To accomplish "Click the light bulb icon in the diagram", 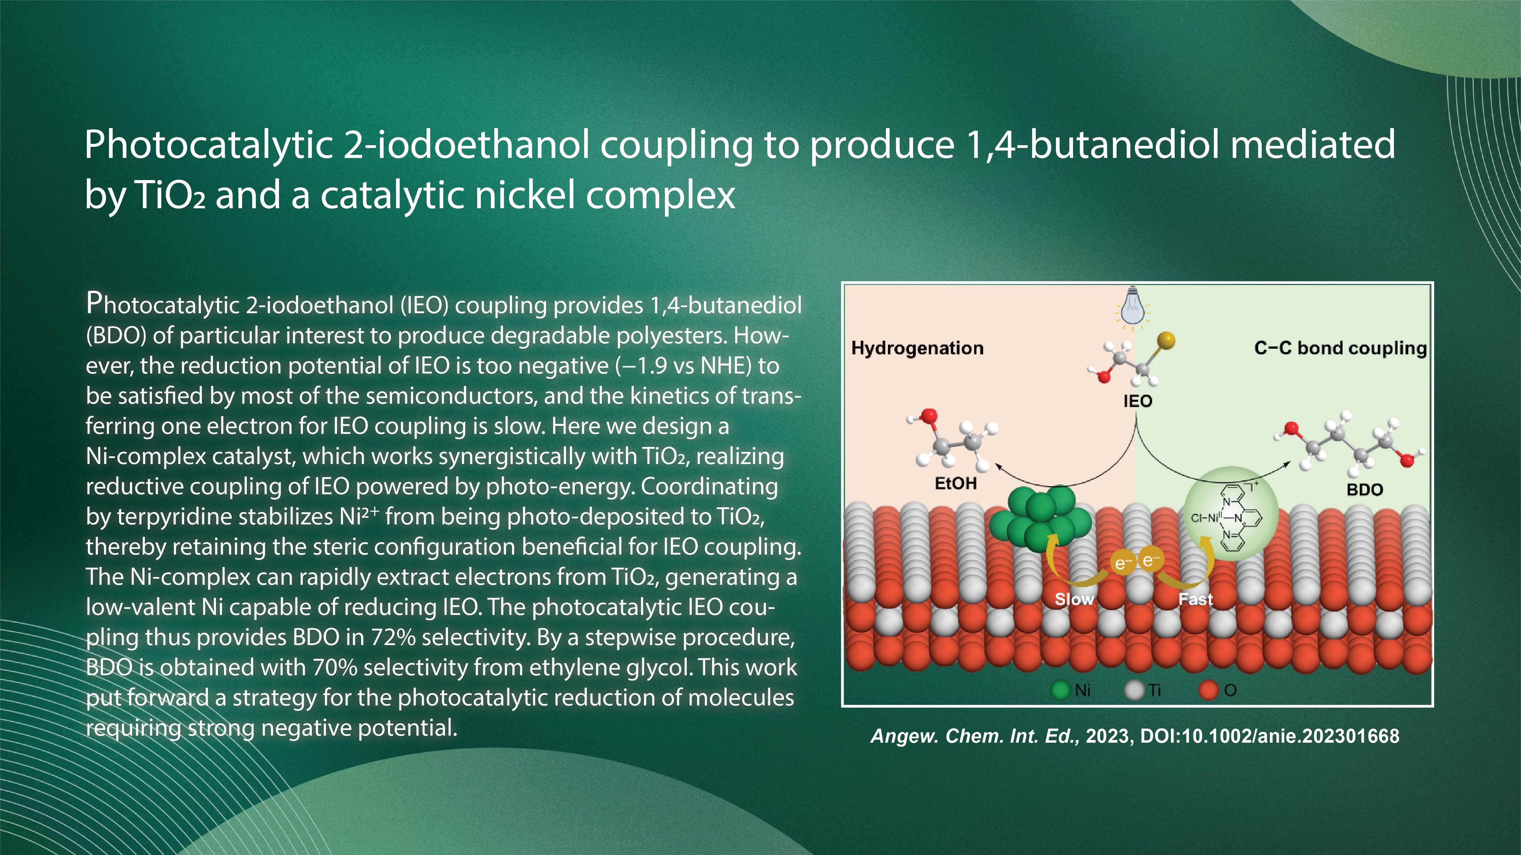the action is [1132, 306].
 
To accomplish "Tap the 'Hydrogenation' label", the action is [917, 348].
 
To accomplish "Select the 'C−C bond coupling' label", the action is [1340, 348].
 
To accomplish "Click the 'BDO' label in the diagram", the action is [1364, 490].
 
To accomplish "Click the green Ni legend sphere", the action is [1061, 690].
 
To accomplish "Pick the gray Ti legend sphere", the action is [1134, 690].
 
